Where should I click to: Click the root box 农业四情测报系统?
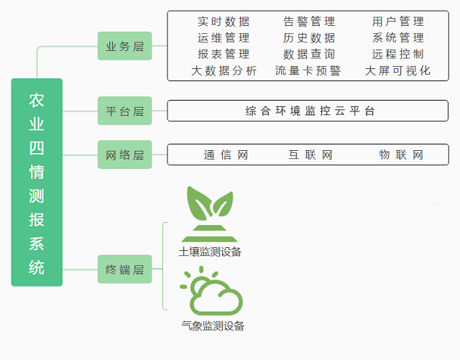[x=37, y=183]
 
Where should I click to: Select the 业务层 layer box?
[x=125, y=46]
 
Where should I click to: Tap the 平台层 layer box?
[x=125, y=111]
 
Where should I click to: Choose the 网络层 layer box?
[x=125, y=154]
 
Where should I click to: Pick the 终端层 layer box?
[x=125, y=269]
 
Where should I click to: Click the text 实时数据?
[x=224, y=22]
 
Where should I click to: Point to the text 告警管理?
[x=309, y=22]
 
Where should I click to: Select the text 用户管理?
[x=398, y=22]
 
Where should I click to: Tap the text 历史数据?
[x=309, y=37]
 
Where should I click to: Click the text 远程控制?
[x=398, y=54]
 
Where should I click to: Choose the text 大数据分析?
[x=224, y=70]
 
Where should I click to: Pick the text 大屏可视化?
[x=398, y=70]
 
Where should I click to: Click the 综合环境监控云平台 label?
[x=310, y=111]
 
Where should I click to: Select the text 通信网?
[x=226, y=154]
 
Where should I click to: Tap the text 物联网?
[x=401, y=154]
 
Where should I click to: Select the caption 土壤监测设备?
[x=210, y=251]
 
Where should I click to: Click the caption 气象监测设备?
[x=213, y=326]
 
